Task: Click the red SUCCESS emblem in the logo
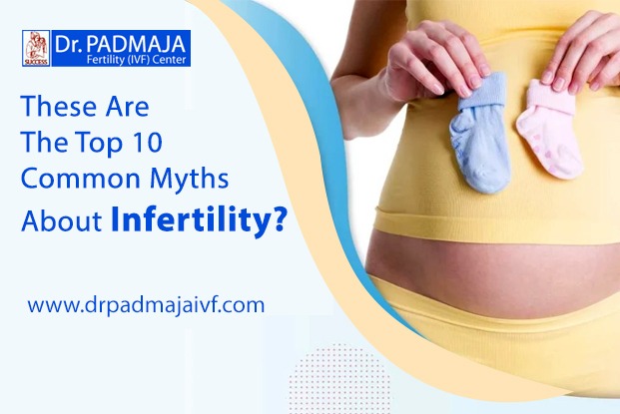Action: click(36, 48)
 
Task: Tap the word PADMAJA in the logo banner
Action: click(136, 44)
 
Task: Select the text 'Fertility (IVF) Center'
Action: click(137, 60)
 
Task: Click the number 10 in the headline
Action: click(146, 143)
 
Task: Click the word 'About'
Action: click(62, 220)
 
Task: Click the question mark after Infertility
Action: click(277, 218)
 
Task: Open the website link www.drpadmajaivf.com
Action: click(146, 305)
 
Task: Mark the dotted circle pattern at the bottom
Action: click(339, 378)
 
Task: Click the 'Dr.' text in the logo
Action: click(69, 44)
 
